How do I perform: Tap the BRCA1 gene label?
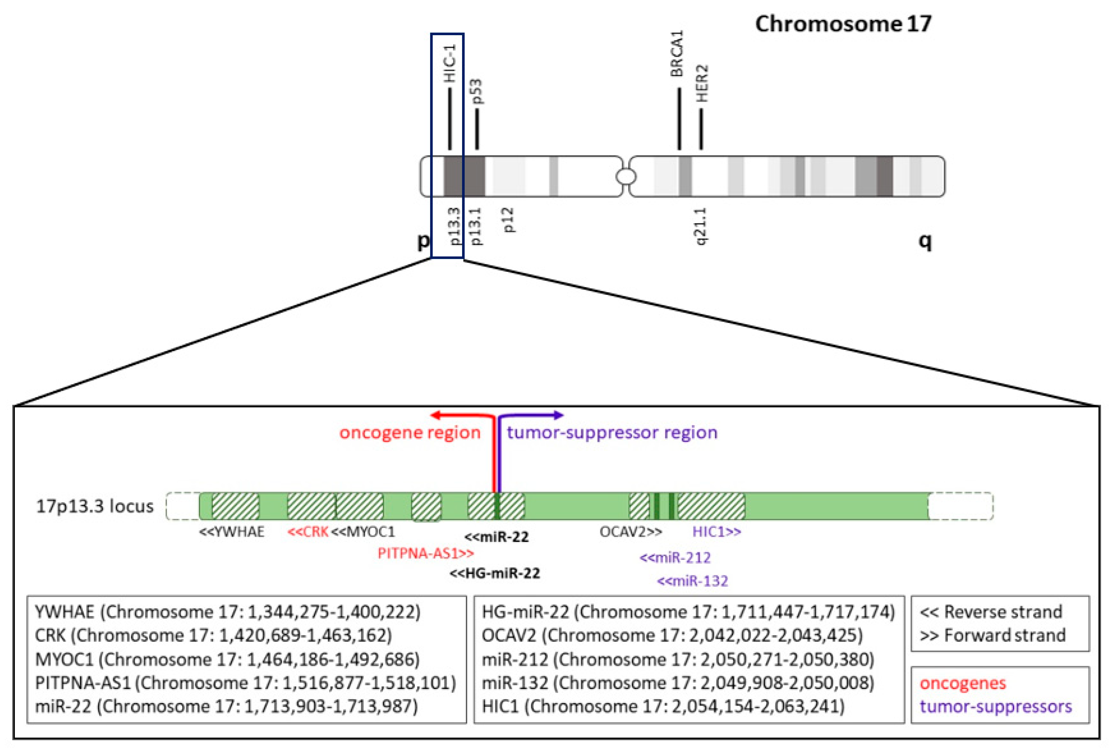[x=677, y=54]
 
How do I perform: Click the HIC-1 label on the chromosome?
[x=450, y=63]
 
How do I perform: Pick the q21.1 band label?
[x=701, y=226]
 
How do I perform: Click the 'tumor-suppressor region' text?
[x=612, y=433]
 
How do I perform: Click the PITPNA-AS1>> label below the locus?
[x=425, y=554]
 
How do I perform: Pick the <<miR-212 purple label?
[x=675, y=557]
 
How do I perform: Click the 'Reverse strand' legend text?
[x=991, y=612]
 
